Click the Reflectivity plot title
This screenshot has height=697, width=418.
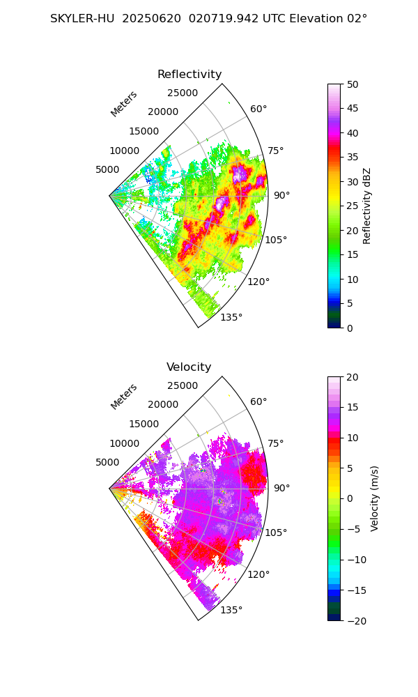point(189,75)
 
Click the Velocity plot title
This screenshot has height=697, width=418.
point(189,367)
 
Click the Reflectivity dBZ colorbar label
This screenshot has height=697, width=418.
point(367,206)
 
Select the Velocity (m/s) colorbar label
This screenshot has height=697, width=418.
point(374,498)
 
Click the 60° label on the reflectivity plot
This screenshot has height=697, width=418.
point(258,109)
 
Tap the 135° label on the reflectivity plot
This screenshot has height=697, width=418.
point(231,318)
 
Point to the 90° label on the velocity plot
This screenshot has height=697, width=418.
point(281,488)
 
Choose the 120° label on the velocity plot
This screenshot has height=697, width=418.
point(258,574)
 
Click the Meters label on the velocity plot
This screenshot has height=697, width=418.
point(124,397)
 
